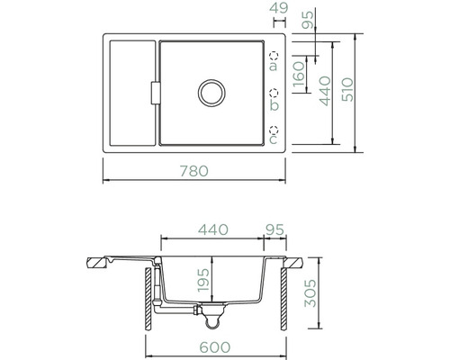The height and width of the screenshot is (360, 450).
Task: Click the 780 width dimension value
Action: click(193, 171)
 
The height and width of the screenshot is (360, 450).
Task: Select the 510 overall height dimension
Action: click(348, 90)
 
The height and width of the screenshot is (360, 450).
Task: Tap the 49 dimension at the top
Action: click(279, 8)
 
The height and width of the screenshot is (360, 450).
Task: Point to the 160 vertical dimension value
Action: click(300, 74)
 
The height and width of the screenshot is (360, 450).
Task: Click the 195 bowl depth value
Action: click(203, 280)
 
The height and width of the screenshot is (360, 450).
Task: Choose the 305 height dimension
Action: click(310, 293)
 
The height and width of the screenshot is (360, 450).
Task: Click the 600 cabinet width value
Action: click(215, 347)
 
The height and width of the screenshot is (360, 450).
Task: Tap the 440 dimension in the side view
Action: click(213, 229)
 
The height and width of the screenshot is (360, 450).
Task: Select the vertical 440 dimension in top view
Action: click(325, 91)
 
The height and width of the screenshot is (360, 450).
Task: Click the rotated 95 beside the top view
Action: click(308, 19)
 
